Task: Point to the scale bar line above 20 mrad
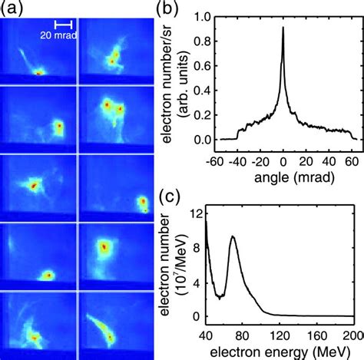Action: (58, 24)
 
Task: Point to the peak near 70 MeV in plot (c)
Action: (233, 237)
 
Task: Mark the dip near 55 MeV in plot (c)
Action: (220, 297)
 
